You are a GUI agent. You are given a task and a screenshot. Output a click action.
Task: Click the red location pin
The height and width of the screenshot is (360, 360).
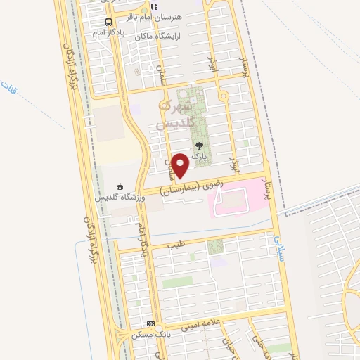(x=181, y=164)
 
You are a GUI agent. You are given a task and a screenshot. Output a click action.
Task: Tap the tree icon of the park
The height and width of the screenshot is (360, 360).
(x=198, y=146)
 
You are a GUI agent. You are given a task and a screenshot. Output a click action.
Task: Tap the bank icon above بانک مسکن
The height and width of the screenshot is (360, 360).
(x=150, y=324)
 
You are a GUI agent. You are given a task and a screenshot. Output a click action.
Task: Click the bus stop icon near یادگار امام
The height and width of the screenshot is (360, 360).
(x=106, y=22)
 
